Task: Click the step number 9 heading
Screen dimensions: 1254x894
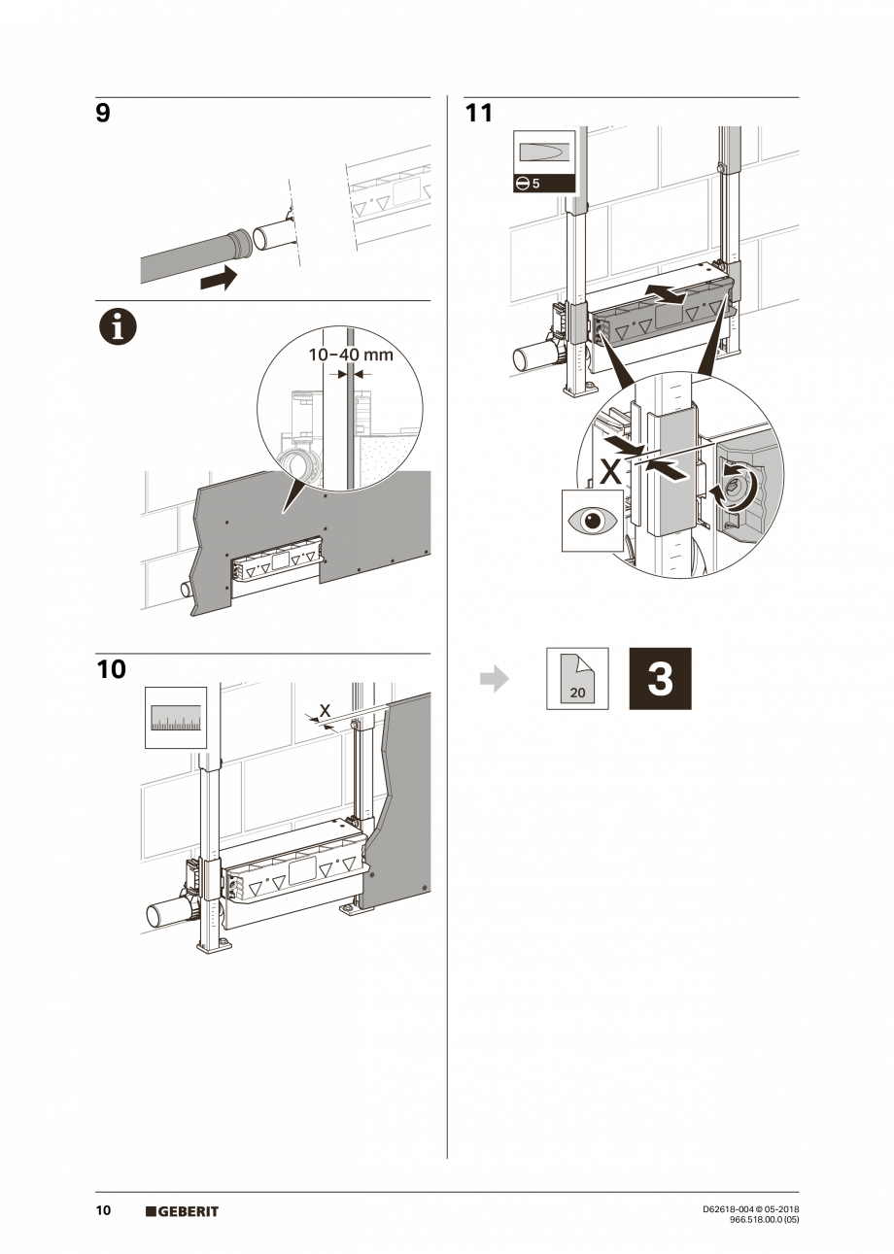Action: click(x=103, y=114)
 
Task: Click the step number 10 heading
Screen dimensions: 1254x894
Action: click(x=111, y=669)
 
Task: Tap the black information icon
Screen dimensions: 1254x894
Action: click(x=117, y=329)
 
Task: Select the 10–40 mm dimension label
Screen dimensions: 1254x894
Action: click(x=351, y=355)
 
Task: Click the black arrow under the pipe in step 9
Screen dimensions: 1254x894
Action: click(x=217, y=280)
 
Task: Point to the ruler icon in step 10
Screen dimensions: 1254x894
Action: click(x=176, y=718)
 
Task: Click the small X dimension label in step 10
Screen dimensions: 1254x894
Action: click(x=325, y=711)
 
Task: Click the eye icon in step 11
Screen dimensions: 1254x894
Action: click(x=593, y=521)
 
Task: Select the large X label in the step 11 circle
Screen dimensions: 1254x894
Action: click(x=609, y=473)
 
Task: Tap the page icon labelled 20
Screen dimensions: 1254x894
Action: click(x=577, y=679)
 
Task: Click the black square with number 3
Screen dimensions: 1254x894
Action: click(x=660, y=679)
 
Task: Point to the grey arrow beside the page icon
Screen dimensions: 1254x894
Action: click(x=495, y=679)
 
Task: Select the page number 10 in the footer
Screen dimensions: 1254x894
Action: click(x=103, y=1210)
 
